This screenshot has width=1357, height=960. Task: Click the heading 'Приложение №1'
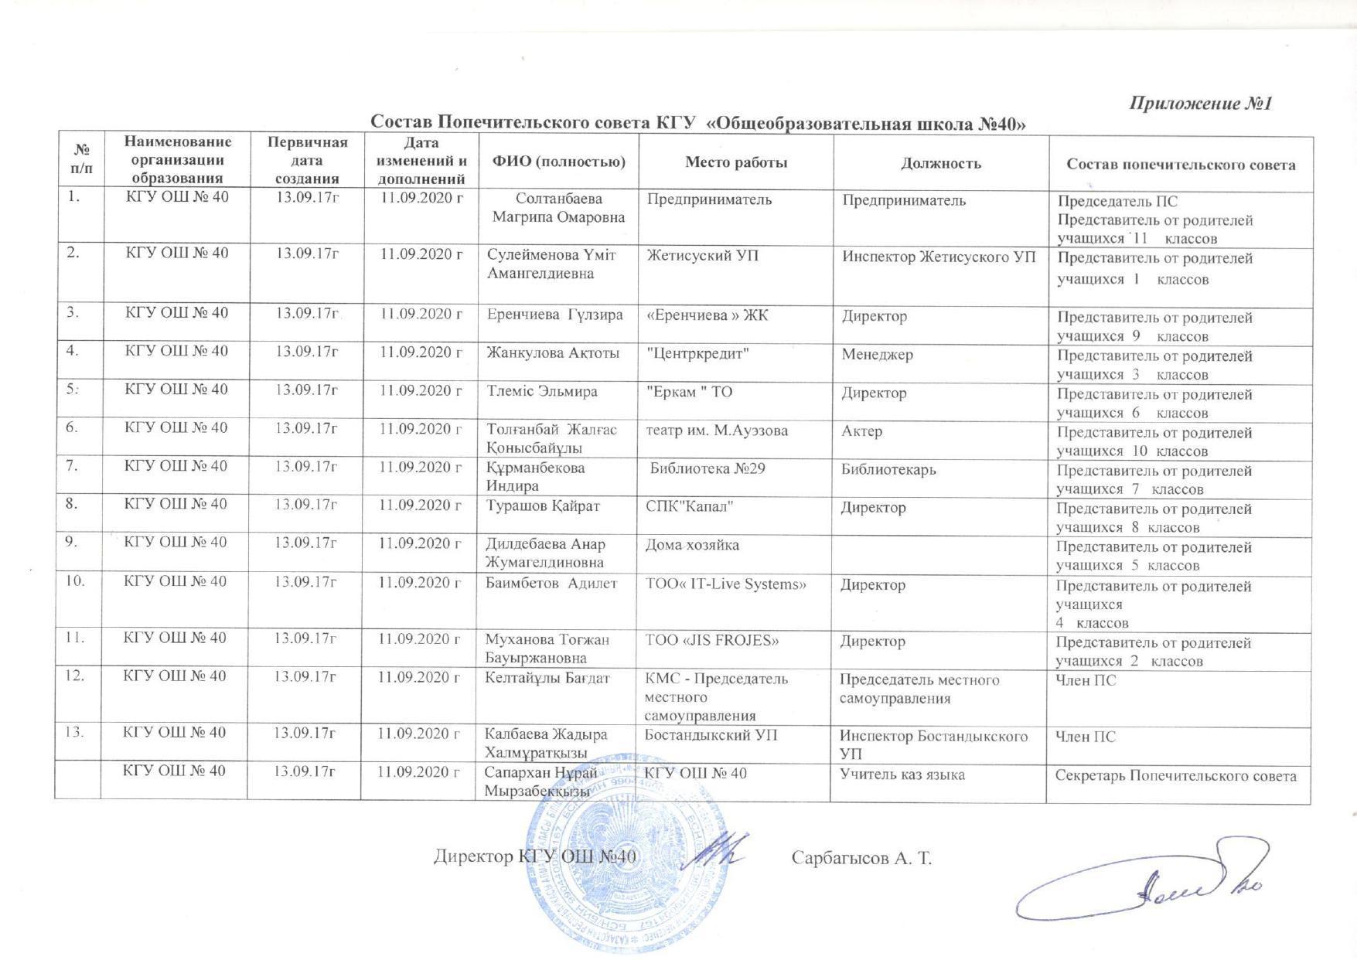pyautogui.click(x=1201, y=104)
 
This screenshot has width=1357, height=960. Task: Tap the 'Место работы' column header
pyautogui.click(x=736, y=162)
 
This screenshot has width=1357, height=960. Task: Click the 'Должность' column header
pyautogui.click(x=940, y=163)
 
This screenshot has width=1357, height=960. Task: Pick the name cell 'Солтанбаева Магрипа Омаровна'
pyautogui.click(x=558, y=208)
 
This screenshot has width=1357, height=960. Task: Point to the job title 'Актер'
pyautogui.click(x=861, y=431)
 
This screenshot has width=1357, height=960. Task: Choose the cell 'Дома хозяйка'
pyautogui.click(x=692, y=545)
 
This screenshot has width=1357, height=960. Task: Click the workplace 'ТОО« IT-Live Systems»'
pyautogui.click(x=725, y=584)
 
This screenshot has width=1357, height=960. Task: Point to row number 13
pyautogui.click(x=76, y=733)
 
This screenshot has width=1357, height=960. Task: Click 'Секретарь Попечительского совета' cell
pyautogui.click(x=1171, y=776)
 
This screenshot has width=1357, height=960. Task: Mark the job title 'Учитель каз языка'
pyautogui.click(x=902, y=774)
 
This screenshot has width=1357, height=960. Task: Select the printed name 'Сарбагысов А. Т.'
pyautogui.click(x=862, y=858)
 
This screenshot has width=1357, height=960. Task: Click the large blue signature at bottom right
pyautogui.click(x=1144, y=889)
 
